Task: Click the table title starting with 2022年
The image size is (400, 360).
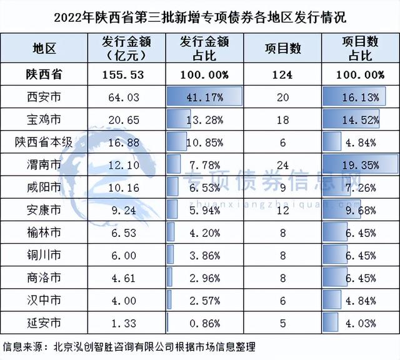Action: coord(200,15)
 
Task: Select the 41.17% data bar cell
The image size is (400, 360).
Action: coord(204,97)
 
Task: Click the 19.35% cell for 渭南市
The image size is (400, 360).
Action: coord(361,164)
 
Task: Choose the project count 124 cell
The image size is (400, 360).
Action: coord(282,74)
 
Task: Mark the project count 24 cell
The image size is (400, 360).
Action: coord(282,164)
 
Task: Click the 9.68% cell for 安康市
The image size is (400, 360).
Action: coord(361,209)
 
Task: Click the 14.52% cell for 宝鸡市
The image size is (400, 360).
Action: coord(361,119)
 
